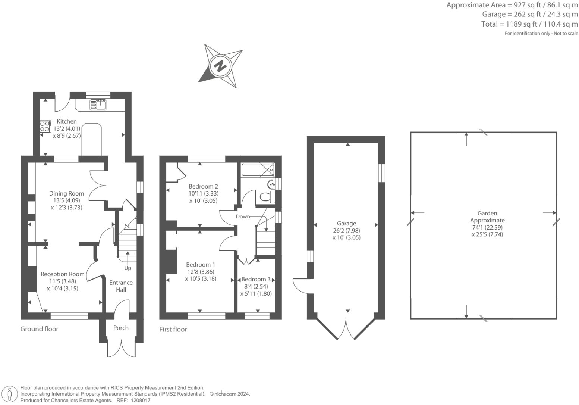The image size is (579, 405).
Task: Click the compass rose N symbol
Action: coord(220,66)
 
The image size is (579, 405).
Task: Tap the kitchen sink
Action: coord(98,105)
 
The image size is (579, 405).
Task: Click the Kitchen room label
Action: coord(66,121)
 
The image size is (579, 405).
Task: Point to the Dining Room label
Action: coord(66,193)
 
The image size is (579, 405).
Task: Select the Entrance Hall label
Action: coord(121,286)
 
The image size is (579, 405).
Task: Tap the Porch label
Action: coord(121,328)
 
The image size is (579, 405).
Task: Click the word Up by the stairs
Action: coord(128,268)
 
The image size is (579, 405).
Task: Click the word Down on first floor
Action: coord(243,216)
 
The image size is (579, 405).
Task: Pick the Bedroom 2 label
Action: coord(203,186)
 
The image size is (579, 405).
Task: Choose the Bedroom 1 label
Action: coord(201,265)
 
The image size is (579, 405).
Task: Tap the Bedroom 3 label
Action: coord(256,279)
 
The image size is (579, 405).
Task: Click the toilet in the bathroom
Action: coord(265,197)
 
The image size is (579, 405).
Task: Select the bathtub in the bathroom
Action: coord(258,170)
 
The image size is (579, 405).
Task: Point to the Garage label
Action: coord(346,223)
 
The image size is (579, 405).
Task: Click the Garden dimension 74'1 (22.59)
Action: coord(487,227)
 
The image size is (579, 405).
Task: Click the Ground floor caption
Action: coord(39,329)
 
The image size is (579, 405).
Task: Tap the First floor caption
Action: coord(173,329)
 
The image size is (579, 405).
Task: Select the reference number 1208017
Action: coord(139,400)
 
